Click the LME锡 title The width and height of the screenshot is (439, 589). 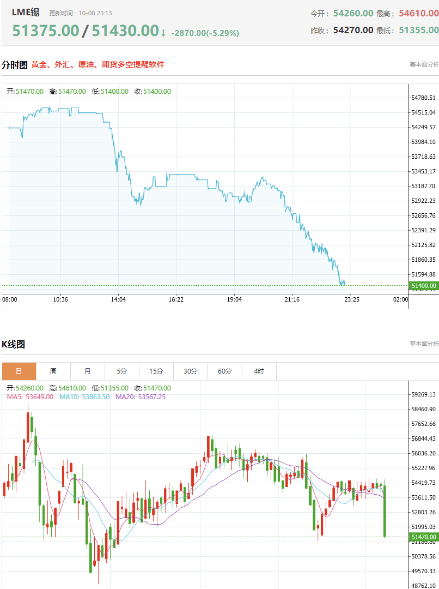tap(26, 13)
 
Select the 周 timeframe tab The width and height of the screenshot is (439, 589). tap(53, 371)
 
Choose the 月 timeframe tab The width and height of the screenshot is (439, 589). tap(88, 371)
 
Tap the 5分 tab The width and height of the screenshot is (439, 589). tap(122, 371)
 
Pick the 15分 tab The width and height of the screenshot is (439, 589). tap(156, 371)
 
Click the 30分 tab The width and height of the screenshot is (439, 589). tap(191, 371)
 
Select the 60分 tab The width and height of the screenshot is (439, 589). tap(225, 371)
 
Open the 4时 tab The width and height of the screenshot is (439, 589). tap(259, 371)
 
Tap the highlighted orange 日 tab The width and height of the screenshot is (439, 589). tap(19, 371)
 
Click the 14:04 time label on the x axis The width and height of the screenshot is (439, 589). tap(118, 299)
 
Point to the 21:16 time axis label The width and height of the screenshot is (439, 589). tap(292, 299)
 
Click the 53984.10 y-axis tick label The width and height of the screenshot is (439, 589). tap(423, 142)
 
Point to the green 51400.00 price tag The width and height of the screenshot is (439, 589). tap(424, 286)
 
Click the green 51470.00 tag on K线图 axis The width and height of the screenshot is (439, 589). tap(424, 537)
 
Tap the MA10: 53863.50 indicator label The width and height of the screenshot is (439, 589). tap(84, 396)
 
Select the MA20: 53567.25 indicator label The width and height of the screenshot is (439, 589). tap(141, 396)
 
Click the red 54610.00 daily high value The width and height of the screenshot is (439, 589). tap(419, 13)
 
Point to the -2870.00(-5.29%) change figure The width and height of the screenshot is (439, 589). tap(205, 33)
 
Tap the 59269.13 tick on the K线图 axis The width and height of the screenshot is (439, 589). tap(423, 394)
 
